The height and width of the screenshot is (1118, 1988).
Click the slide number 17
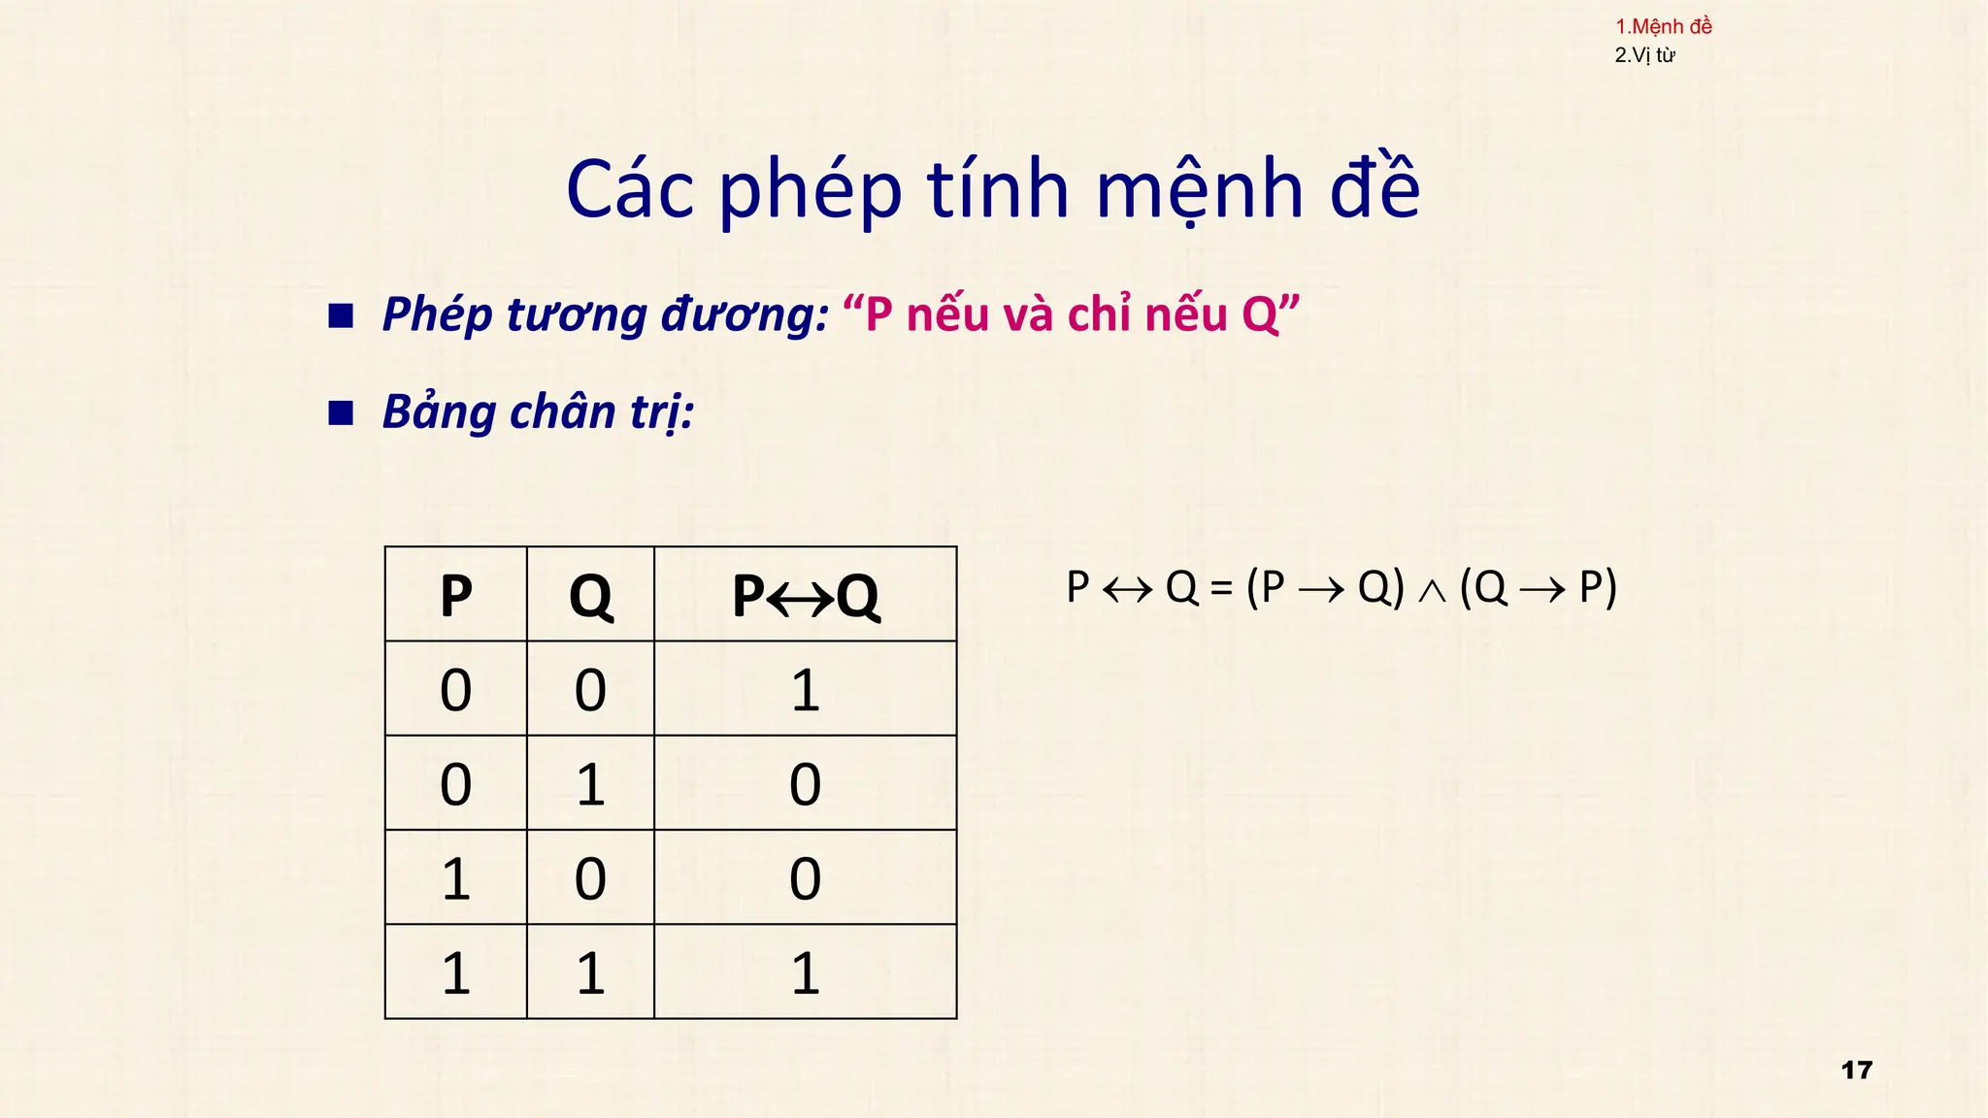click(x=1856, y=1070)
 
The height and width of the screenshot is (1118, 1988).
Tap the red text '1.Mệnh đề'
click(x=1663, y=27)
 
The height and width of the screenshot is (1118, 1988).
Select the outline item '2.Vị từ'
click(x=1644, y=55)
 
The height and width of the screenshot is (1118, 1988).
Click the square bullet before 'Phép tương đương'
click(x=341, y=315)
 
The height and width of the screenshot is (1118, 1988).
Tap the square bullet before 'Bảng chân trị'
click(x=341, y=413)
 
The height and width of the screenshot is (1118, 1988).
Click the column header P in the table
click(x=456, y=595)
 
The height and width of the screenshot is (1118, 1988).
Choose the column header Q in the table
click(x=590, y=595)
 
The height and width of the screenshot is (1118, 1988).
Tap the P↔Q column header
click(x=806, y=595)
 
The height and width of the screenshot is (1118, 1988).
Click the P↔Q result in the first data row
click(x=806, y=690)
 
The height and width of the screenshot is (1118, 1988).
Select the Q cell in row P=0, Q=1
click(x=590, y=784)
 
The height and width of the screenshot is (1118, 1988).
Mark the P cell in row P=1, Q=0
click(x=456, y=878)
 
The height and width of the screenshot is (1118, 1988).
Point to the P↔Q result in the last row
click(x=806, y=972)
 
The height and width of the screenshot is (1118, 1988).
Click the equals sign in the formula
click(x=1221, y=588)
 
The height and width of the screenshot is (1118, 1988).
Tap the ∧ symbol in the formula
click(x=1432, y=591)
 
